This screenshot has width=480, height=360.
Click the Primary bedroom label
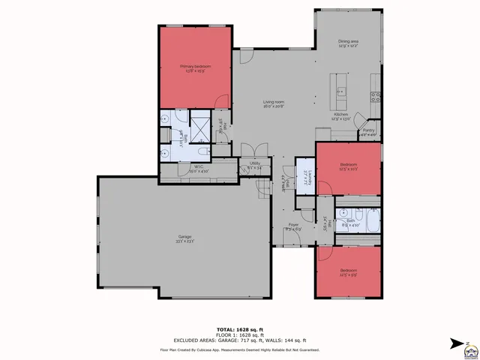[x=195, y=67]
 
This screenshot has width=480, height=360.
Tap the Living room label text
[x=272, y=102]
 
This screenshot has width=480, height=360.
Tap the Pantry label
[x=368, y=130]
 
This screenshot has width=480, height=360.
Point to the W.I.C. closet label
[x=199, y=167]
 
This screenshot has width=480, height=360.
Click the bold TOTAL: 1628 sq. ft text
[x=239, y=329]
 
